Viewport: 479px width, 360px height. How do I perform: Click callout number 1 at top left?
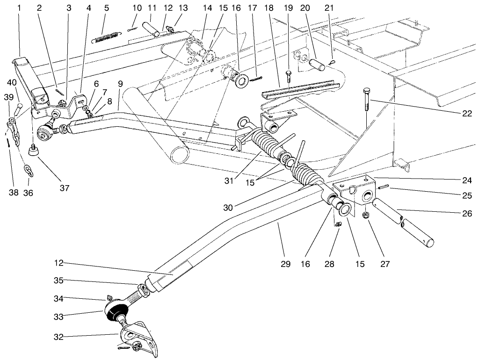coord(19,8)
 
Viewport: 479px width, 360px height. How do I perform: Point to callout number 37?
coord(64,188)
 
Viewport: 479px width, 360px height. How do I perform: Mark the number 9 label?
coord(120,84)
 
